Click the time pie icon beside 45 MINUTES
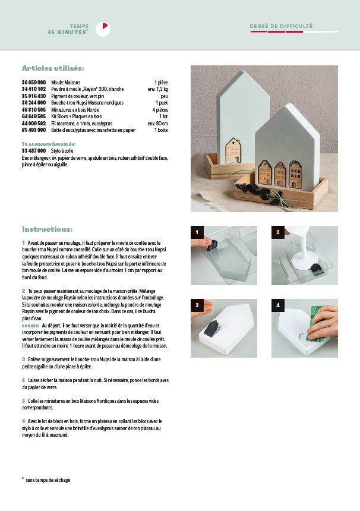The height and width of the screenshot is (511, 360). (x=105, y=28)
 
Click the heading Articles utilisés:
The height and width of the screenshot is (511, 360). (x=53, y=68)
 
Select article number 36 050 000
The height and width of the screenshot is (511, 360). (x=34, y=82)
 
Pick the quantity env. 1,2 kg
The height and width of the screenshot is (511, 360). (x=157, y=89)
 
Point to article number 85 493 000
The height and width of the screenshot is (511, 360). (x=34, y=129)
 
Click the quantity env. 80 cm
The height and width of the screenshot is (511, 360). (x=157, y=122)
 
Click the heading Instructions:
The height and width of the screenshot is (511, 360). (x=48, y=229)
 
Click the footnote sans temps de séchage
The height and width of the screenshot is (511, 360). (x=48, y=480)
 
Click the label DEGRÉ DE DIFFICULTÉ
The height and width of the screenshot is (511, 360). (x=281, y=26)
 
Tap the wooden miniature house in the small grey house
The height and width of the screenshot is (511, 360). (x=234, y=150)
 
